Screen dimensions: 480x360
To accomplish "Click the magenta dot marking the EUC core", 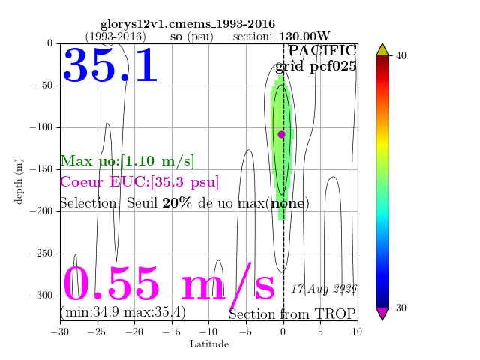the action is (282, 134).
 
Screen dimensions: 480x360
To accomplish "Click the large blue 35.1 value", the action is (110, 65).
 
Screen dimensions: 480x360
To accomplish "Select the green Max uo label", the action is (127, 161).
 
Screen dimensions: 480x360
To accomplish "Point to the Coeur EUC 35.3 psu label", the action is (139, 182).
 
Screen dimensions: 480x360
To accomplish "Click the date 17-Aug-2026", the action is (324, 289).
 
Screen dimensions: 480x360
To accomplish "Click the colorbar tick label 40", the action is (400, 56).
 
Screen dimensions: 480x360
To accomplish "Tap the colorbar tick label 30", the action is (400, 307).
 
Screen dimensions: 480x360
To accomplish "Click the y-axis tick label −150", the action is (40, 169).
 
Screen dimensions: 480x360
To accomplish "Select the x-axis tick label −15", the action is (172, 331).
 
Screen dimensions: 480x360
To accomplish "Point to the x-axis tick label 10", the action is (357, 331).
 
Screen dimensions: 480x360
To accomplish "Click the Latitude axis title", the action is (209, 344).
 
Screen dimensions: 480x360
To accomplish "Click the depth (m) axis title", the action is (19, 181).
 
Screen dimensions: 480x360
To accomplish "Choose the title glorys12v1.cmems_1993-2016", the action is (188, 24).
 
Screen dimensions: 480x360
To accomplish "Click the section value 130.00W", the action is (305, 37).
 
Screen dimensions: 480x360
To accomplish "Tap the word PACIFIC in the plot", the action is (322, 50).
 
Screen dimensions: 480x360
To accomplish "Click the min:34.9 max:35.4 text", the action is (123, 312).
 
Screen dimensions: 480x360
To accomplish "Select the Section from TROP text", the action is (292, 314).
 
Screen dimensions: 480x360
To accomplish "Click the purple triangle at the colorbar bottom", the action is (382, 313).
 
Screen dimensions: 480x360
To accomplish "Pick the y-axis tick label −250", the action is (40, 253).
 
